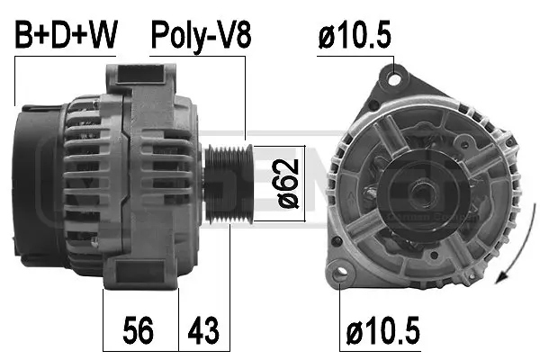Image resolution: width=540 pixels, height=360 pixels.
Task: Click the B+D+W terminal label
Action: coord(67,35)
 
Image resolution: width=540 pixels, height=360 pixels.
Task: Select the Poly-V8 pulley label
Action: coord(199,35)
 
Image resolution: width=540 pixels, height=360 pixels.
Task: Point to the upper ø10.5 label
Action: coord(355,35)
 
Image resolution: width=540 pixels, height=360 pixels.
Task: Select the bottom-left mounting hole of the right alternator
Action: coord(339,273)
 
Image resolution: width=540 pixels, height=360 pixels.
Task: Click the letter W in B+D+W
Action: coord(103,35)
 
